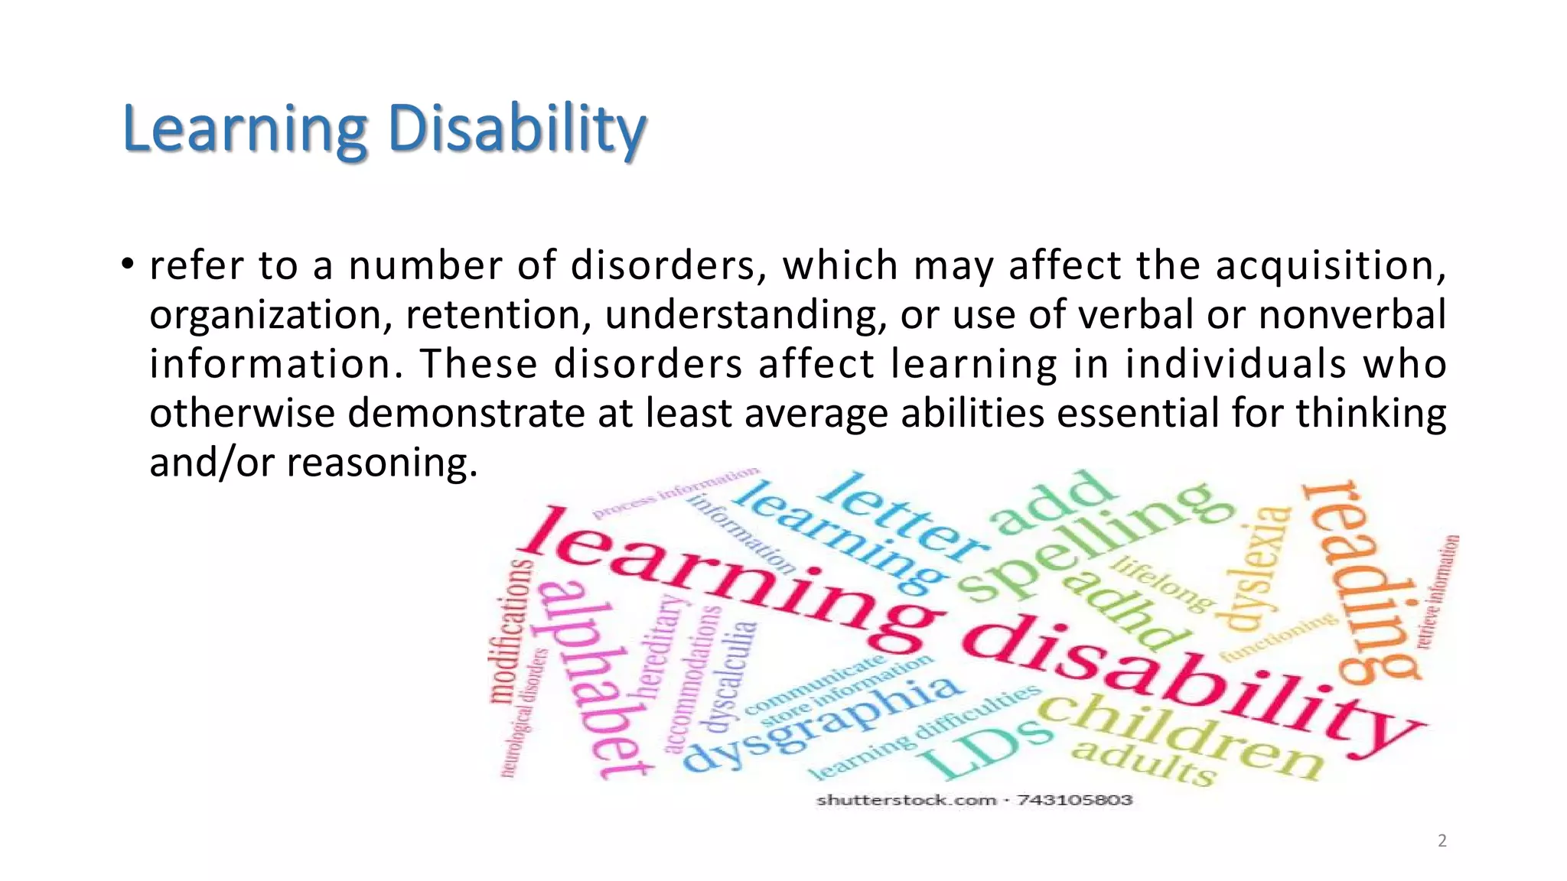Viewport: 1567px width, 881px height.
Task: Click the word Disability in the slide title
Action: [x=517, y=128]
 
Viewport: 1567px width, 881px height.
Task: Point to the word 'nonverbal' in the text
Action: [x=1352, y=314]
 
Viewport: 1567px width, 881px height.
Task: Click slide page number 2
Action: [x=1442, y=840]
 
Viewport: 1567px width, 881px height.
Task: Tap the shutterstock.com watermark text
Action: [x=907, y=800]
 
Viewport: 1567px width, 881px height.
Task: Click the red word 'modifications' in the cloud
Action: [x=510, y=631]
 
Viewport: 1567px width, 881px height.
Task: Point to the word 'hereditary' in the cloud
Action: [x=660, y=646]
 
